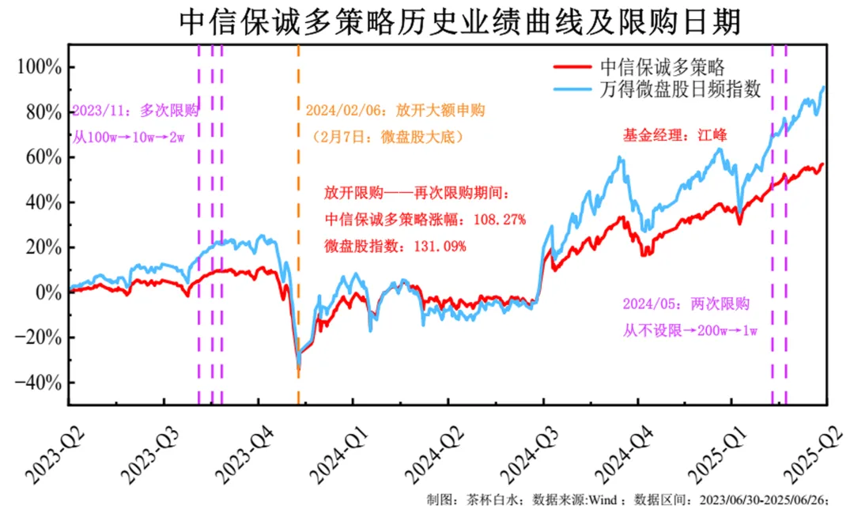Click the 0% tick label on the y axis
pos(47,292)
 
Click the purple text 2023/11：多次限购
pos(134,110)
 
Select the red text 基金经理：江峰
pos(674,135)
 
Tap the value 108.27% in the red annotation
pos(498,219)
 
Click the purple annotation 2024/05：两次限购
pos(686,304)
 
